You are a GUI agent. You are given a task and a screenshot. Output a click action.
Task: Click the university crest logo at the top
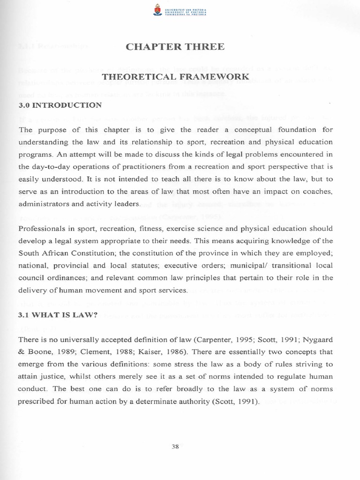(157, 9)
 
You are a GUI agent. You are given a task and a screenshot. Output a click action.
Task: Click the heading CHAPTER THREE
(176, 46)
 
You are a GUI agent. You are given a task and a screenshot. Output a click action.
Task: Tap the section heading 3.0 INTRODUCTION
(60, 105)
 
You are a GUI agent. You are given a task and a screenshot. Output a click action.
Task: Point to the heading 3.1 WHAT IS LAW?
(58, 302)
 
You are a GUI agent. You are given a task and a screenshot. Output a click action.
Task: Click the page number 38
(176, 446)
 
